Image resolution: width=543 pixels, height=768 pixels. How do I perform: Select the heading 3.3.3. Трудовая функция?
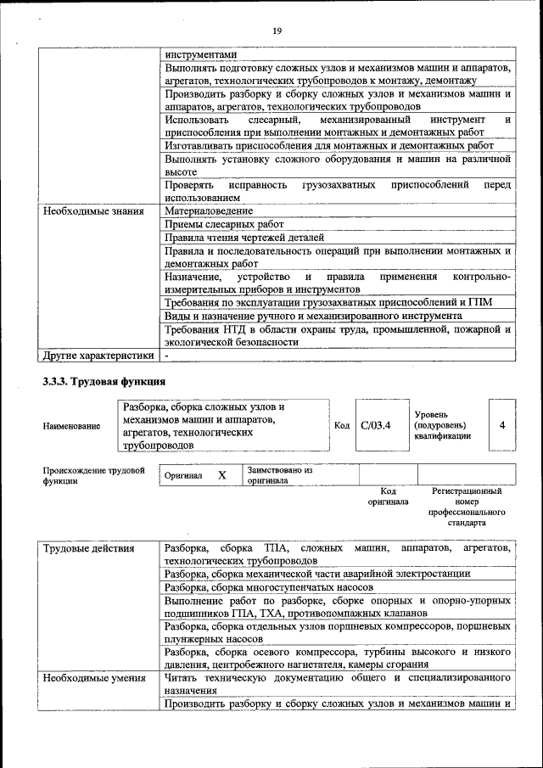pyautogui.click(x=104, y=381)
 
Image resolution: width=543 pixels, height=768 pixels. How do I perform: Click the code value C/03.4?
pyautogui.click(x=375, y=425)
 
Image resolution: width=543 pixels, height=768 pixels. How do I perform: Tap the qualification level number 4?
pyautogui.click(x=502, y=425)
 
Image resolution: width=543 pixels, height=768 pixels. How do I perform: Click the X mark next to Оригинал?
pyautogui.click(x=221, y=476)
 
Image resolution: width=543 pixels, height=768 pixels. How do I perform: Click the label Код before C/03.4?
pyautogui.click(x=342, y=426)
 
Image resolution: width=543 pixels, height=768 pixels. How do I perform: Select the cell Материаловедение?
pyautogui.click(x=209, y=210)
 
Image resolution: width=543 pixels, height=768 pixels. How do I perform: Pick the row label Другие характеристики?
pyautogui.click(x=98, y=356)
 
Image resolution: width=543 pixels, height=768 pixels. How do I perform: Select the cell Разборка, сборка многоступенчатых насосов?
pyautogui.click(x=269, y=587)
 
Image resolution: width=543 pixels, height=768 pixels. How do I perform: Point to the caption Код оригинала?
pyautogui.click(x=388, y=496)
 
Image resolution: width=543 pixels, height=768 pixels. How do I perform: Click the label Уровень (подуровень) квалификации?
pyautogui.click(x=443, y=425)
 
